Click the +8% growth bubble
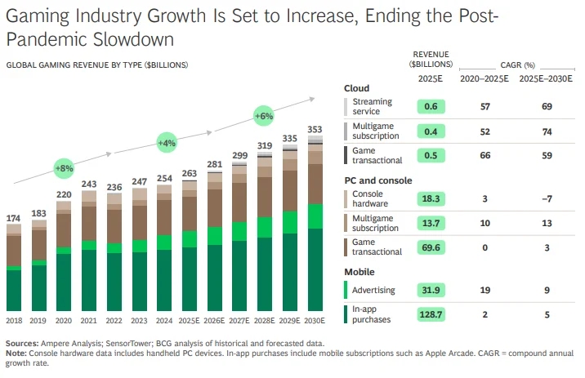[64, 167]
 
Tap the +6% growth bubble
[263, 116]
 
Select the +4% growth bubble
[167, 143]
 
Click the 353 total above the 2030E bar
[315, 129]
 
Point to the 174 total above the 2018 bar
[14, 218]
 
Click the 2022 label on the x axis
[114, 321]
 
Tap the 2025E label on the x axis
[190, 321]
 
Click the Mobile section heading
[359, 271]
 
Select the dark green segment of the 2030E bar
[315, 269]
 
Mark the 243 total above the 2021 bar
[89, 184]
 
